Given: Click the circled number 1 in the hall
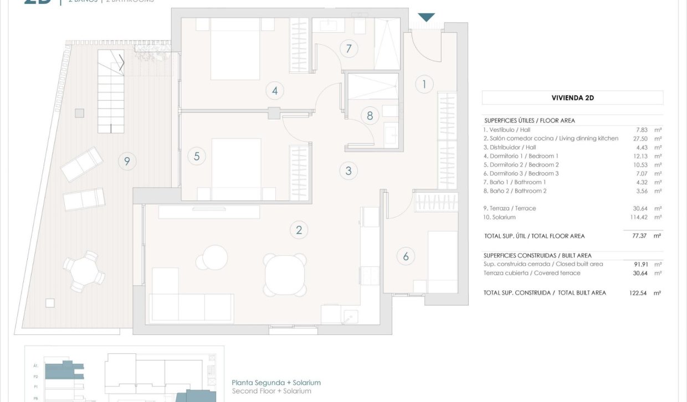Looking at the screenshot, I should pos(424,84).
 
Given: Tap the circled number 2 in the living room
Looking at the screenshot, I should pos(299,230).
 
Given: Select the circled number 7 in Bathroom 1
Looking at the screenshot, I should pos(348,49).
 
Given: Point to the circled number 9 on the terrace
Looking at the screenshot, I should pos(127,161).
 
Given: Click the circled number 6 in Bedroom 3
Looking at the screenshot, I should pos(406,256).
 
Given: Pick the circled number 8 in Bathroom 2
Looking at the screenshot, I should pos(370,116).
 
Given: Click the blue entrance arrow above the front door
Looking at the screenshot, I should pos(426,17).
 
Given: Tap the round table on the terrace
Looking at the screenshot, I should pos(84,271).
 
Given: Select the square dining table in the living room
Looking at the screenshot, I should pos(285,271).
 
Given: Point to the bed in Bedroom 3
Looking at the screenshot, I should pos(442,261).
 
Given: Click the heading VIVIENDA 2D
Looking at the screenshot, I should pos(572,98).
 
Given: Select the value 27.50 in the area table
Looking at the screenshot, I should pos(642,138).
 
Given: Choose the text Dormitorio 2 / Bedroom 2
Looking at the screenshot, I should pos(521,164).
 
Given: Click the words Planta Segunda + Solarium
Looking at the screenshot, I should pos(276,383).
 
